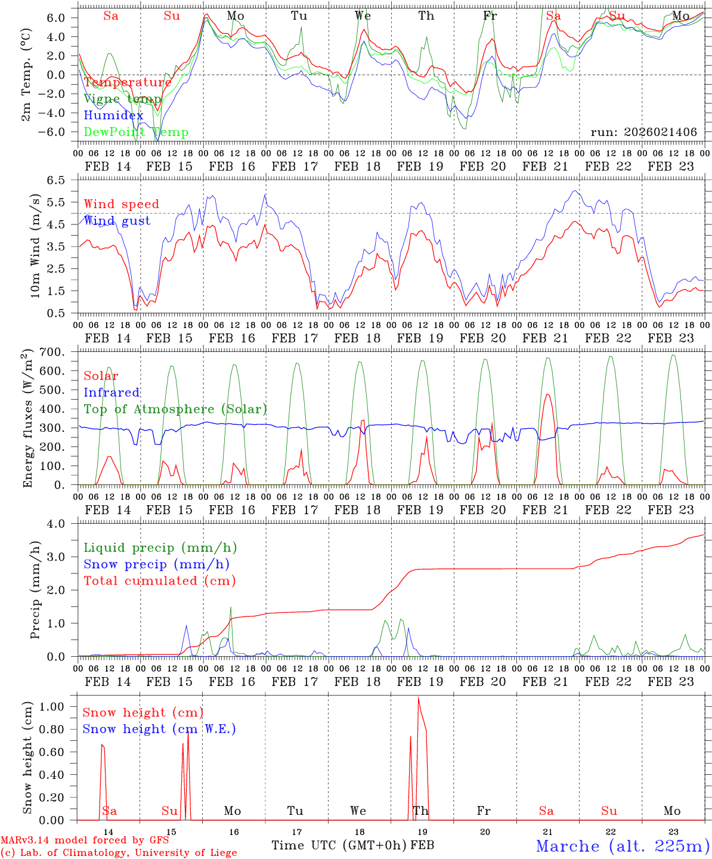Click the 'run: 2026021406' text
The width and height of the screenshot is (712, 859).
[643, 132]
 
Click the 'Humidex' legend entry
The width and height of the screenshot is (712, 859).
[113, 116]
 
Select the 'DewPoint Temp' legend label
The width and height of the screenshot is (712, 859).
[136, 132]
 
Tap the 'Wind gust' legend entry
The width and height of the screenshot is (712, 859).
[117, 221]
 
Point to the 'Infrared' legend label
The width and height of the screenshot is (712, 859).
[112, 393]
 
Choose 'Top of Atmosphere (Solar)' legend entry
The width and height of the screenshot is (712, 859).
[175, 409]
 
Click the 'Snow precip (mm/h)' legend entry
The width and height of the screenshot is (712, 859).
[156, 564]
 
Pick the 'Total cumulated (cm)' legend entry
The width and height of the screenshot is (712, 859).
[159, 580]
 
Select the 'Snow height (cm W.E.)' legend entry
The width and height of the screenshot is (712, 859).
[159, 729]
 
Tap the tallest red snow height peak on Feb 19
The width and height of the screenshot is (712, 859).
[418, 698]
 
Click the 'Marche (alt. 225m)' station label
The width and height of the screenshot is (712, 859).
[622, 846]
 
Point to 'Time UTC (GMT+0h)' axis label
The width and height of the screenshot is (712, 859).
[339, 845]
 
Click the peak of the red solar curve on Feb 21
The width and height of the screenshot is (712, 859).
[547, 394]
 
